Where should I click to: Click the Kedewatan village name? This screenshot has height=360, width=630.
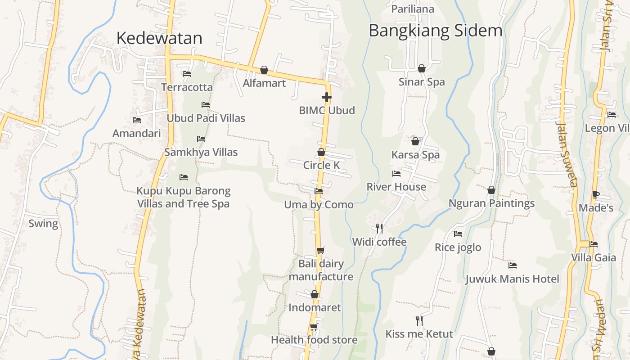click(x=159, y=38)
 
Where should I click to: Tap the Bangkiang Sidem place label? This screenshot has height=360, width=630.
click(x=435, y=31)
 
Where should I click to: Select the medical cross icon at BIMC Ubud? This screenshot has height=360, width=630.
click(x=327, y=97)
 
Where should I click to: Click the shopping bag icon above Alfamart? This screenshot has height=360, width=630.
click(x=264, y=70)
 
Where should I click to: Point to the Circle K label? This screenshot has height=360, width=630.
click(x=321, y=165)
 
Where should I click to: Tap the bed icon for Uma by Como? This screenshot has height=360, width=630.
click(x=319, y=191)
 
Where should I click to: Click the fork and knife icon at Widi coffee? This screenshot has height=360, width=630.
click(x=379, y=229)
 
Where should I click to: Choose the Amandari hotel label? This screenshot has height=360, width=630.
click(x=136, y=133)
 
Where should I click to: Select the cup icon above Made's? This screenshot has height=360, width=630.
click(x=595, y=194)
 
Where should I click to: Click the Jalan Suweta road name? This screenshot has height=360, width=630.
click(x=567, y=153)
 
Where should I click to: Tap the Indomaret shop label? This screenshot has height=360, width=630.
click(x=315, y=307)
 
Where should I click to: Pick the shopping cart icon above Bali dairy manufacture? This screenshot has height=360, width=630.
click(x=320, y=250)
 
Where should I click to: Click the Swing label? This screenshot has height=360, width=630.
click(x=43, y=224)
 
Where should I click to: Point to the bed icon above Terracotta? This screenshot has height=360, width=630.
click(x=187, y=73)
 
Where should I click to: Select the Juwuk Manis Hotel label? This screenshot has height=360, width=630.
click(x=512, y=279)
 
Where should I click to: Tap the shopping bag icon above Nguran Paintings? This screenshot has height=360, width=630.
click(x=491, y=190)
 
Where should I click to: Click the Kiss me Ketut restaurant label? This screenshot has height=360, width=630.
click(x=419, y=334)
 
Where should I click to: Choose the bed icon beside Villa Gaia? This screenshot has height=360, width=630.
click(x=594, y=244)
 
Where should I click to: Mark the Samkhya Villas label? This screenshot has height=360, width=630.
click(x=201, y=152)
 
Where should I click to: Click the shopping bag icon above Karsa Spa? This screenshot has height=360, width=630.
click(x=415, y=141)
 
